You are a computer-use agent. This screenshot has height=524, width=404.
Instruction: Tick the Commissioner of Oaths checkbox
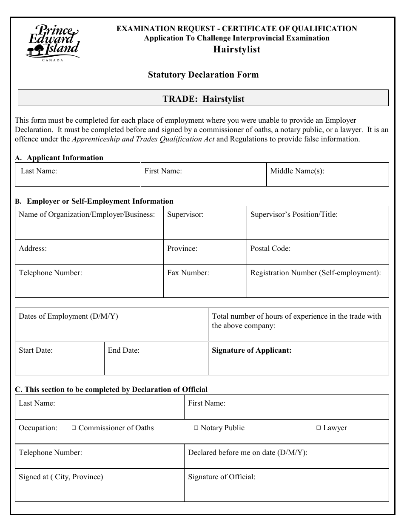click(74, 428)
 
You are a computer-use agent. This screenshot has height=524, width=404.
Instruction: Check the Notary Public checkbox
click(196, 428)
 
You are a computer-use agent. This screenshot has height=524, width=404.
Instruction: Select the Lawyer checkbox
click(319, 428)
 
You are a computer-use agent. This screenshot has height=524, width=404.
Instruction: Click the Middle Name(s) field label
click(297, 171)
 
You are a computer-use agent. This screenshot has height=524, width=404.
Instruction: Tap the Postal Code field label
click(270, 248)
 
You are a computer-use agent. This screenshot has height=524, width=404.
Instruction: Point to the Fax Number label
click(188, 273)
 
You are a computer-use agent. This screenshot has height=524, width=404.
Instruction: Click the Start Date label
click(36, 351)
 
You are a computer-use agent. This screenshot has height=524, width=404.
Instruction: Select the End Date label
click(124, 351)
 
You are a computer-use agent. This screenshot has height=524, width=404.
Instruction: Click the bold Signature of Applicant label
click(252, 351)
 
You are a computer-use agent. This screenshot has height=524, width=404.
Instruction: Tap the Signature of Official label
click(222, 477)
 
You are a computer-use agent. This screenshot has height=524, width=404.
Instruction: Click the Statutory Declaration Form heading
click(203, 75)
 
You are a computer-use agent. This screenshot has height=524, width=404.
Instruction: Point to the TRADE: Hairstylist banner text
click(203, 99)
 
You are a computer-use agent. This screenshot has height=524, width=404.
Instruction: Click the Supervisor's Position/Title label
click(294, 214)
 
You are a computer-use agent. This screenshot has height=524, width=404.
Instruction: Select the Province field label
click(182, 248)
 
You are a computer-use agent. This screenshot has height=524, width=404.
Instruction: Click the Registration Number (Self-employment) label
click(316, 273)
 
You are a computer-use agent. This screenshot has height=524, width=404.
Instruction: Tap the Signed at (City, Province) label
click(61, 477)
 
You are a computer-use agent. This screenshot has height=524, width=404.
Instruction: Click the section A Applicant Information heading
click(65, 158)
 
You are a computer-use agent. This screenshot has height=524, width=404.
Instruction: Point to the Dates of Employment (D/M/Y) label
click(68, 316)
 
